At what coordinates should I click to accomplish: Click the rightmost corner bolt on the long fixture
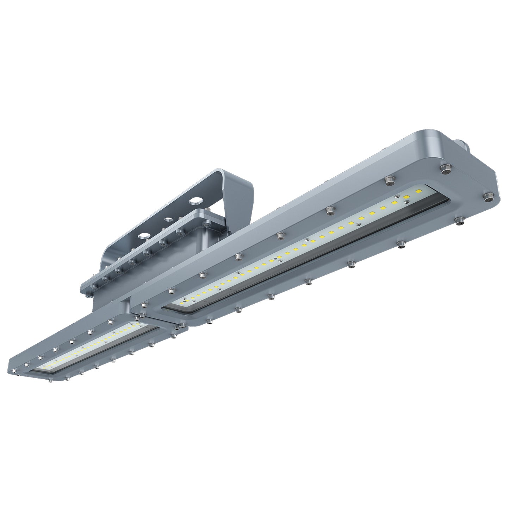[x=488, y=197]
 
